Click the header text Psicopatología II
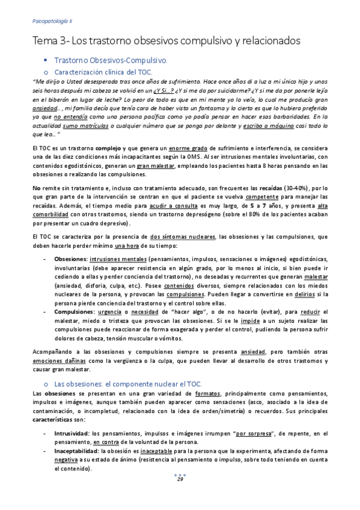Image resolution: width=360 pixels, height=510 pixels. [51, 20]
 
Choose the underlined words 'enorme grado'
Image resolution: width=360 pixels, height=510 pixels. [194, 147]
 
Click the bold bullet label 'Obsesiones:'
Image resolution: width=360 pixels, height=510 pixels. [70, 259]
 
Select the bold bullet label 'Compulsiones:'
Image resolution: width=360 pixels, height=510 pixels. [75, 312]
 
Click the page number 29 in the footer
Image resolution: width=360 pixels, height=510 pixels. [180, 479]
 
